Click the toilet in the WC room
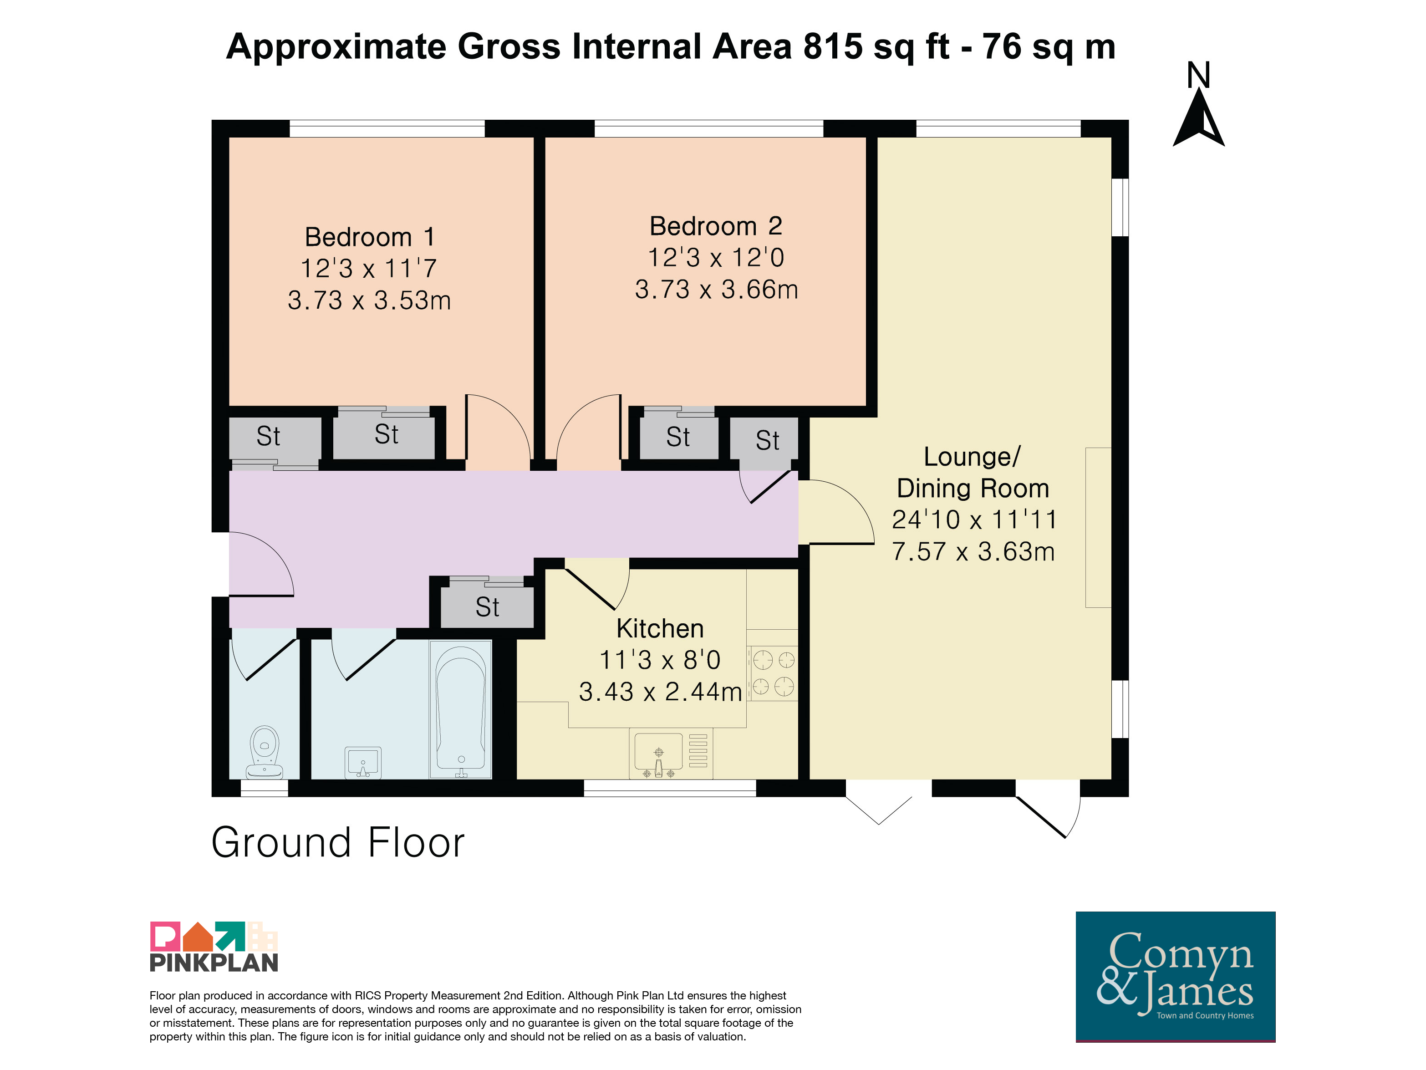click(x=265, y=752)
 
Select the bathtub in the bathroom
click(x=461, y=709)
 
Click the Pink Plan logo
click(x=214, y=946)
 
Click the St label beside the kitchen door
click(x=487, y=606)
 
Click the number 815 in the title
click(x=833, y=46)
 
